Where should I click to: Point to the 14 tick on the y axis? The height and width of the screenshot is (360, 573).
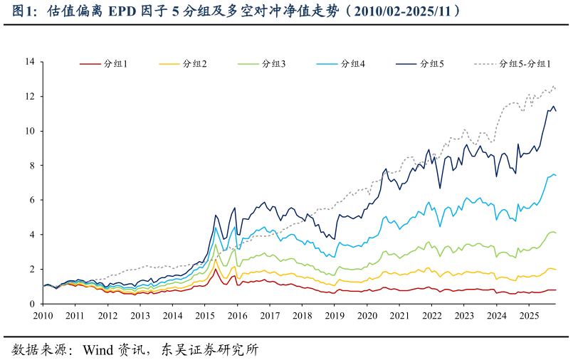[x=29, y=62]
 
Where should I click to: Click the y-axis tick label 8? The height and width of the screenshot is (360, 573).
[x=32, y=166]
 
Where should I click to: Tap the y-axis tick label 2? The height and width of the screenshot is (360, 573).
[x=32, y=269]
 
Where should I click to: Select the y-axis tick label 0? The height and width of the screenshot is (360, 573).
[x=32, y=304]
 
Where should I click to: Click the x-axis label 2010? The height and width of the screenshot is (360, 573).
[x=43, y=315]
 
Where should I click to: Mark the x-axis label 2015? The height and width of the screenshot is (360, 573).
[x=205, y=315]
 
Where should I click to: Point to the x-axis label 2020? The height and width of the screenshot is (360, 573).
[x=367, y=315]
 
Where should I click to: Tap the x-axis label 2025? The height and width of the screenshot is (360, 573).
[x=528, y=315]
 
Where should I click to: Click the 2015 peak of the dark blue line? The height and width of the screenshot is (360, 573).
[x=216, y=214]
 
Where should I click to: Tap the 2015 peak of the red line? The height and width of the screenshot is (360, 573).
[x=216, y=269]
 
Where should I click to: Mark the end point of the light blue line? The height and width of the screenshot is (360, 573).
[x=556, y=175]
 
